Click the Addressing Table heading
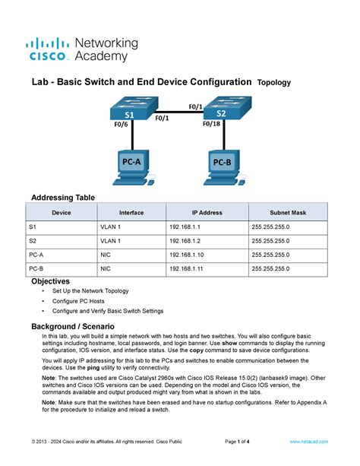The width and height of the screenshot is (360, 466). (62, 198)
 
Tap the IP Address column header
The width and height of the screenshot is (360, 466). (207, 213)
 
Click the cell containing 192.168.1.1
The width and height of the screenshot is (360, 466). (185, 227)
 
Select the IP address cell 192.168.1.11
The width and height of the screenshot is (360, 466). (187, 268)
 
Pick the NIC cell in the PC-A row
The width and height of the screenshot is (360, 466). (107, 255)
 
